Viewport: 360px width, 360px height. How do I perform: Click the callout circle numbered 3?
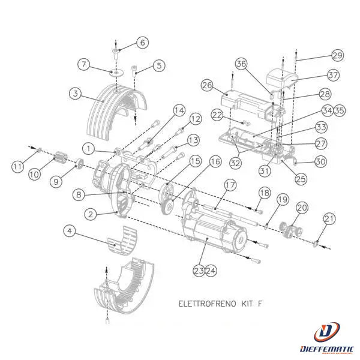point(74,94)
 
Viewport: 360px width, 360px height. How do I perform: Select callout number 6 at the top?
point(142,43)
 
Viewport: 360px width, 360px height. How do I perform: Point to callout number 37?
point(334,75)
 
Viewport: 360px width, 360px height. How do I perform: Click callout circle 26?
point(208,86)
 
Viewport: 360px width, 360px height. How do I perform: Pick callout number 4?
point(70,230)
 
